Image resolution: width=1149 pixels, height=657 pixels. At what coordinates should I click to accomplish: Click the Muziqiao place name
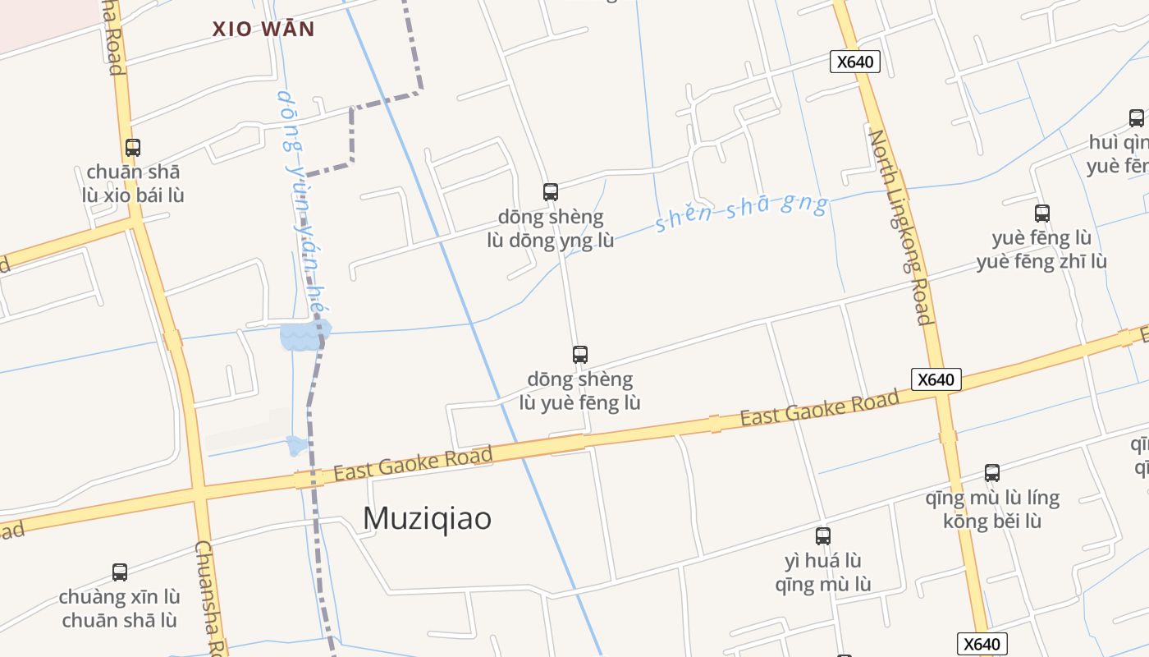point(427,518)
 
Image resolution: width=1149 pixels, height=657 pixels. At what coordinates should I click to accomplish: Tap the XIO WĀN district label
point(263,30)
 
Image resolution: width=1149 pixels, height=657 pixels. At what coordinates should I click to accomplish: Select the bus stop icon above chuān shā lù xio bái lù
point(133,148)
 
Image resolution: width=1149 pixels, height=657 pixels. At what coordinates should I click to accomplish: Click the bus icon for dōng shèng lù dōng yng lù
point(551,192)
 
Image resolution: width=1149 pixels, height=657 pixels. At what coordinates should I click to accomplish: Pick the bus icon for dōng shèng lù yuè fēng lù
point(580,355)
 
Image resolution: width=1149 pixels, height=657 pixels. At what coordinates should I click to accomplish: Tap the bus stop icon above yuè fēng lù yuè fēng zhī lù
point(1042,214)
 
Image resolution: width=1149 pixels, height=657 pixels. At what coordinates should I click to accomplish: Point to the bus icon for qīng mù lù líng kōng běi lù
point(992,473)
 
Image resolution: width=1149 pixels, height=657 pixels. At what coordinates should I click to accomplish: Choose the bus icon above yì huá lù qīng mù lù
point(823,536)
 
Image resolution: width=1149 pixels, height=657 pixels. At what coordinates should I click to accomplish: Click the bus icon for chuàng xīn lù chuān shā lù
point(120,572)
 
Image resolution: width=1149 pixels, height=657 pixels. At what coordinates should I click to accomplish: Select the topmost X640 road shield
point(854,62)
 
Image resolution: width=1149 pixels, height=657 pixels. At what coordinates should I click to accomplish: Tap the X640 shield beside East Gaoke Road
point(936,379)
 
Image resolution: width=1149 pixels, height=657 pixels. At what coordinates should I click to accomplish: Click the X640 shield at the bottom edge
point(982,644)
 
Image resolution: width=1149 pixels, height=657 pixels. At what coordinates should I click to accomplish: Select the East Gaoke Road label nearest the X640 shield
point(819,408)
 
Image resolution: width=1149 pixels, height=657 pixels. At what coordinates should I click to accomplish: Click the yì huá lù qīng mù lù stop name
point(823,572)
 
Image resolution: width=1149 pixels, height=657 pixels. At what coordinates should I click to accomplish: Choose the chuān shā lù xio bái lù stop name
point(133,184)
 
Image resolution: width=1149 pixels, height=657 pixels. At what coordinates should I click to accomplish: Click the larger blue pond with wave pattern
point(304,336)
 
